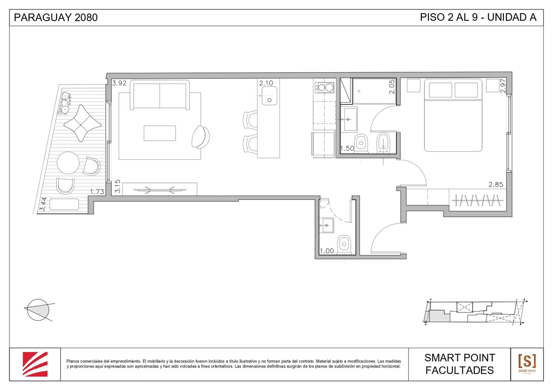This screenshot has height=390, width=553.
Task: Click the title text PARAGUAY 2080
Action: [56, 18]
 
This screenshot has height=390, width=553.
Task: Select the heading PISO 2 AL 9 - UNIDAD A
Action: [478, 17]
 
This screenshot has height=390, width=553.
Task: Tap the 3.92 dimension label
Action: [119, 83]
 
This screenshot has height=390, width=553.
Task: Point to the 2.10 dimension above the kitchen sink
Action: [266, 83]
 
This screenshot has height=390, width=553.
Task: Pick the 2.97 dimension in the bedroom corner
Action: [503, 86]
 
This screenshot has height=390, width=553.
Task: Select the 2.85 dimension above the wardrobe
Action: [496, 184]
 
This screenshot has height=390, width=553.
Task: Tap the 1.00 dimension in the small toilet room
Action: [327, 251]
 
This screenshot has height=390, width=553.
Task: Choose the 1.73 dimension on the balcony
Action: [97, 192]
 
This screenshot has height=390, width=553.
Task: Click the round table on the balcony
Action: [68, 163]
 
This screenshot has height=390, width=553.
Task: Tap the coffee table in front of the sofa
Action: [160, 133]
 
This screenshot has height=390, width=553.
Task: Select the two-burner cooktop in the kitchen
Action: [325, 88]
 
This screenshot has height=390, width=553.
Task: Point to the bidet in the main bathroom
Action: [383, 143]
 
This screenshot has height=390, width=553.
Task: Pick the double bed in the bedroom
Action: [453, 115]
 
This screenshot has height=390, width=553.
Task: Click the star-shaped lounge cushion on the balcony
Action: [82, 123]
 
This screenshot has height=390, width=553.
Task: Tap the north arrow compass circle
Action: [38, 310]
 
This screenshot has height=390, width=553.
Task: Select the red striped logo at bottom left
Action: [35, 364]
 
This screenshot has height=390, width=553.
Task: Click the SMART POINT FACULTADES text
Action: [460, 364]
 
